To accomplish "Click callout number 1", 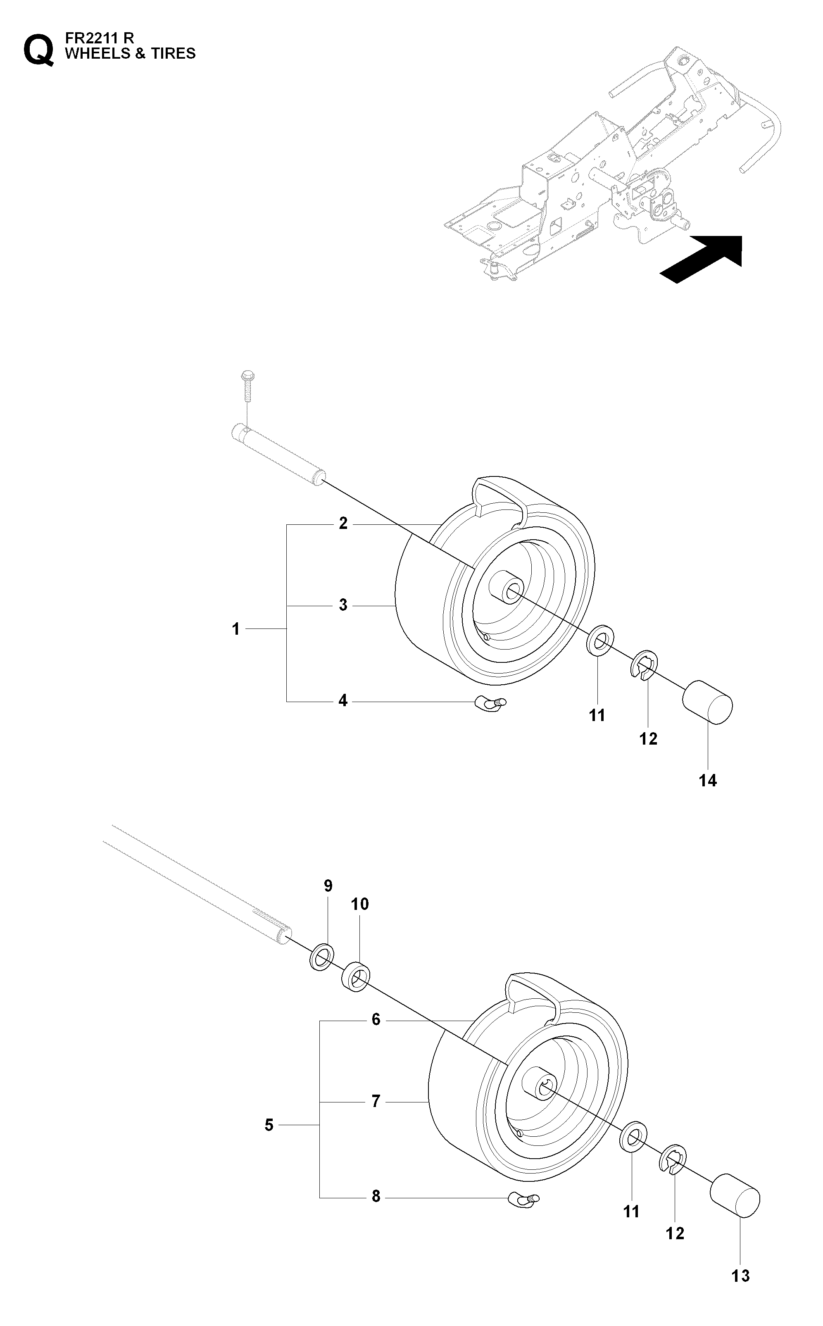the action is pos(235,629).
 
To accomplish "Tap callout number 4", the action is pos(343,700).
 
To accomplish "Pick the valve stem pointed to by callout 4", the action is pos(491,703).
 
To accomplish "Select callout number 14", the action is pos(708,781).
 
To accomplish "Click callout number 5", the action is pos(269,1125).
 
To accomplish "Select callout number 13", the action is pos(741,1275).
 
